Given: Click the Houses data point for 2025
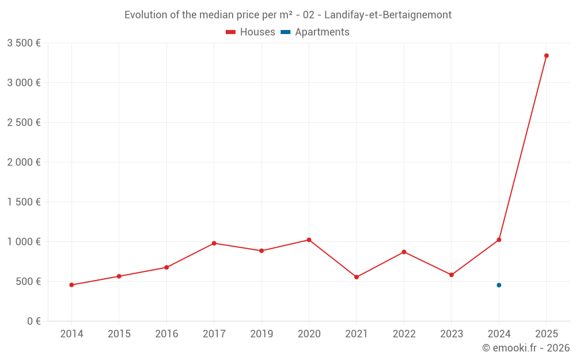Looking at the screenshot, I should (546, 56).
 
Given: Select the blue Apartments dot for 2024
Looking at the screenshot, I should (499, 285).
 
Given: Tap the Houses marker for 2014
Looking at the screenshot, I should (71, 285).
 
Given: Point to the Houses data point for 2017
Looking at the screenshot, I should (214, 243).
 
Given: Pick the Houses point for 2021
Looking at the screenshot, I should (357, 277).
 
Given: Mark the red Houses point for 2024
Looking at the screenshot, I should (499, 240).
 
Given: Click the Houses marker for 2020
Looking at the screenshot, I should (309, 240).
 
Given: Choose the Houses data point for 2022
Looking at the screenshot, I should (404, 252).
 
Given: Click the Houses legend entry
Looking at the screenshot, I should (251, 32).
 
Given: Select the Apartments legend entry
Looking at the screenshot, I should (315, 32).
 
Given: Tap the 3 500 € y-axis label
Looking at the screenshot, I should (24, 43).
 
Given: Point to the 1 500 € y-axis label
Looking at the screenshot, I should (24, 202).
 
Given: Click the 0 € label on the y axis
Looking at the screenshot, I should (33, 321).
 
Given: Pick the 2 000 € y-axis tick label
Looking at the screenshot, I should (24, 162).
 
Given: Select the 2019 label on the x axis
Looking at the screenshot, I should (262, 334).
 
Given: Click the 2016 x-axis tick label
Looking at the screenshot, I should (166, 334).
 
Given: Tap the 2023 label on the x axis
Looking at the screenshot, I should (451, 334).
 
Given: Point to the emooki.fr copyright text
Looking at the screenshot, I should (526, 348).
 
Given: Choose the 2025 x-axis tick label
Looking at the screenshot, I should (546, 334).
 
